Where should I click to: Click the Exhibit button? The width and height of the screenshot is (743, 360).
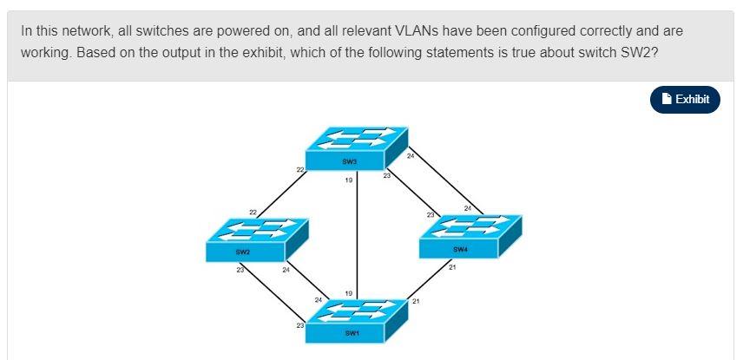[685, 99]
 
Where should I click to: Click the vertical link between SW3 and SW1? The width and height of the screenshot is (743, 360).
[358, 234]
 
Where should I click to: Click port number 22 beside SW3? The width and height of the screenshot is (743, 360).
[299, 169]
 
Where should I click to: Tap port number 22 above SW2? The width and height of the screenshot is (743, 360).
[253, 212]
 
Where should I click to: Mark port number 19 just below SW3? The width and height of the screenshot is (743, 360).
[348, 180]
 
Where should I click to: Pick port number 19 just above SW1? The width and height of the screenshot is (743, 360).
[348, 293]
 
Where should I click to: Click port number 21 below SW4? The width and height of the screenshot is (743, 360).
[452, 267]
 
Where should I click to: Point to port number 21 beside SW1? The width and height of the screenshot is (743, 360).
[416, 301]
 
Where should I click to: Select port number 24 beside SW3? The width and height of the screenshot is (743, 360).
[411, 155]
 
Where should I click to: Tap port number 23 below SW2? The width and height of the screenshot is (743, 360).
[240, 272]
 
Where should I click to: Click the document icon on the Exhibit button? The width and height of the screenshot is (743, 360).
[666, 99]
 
